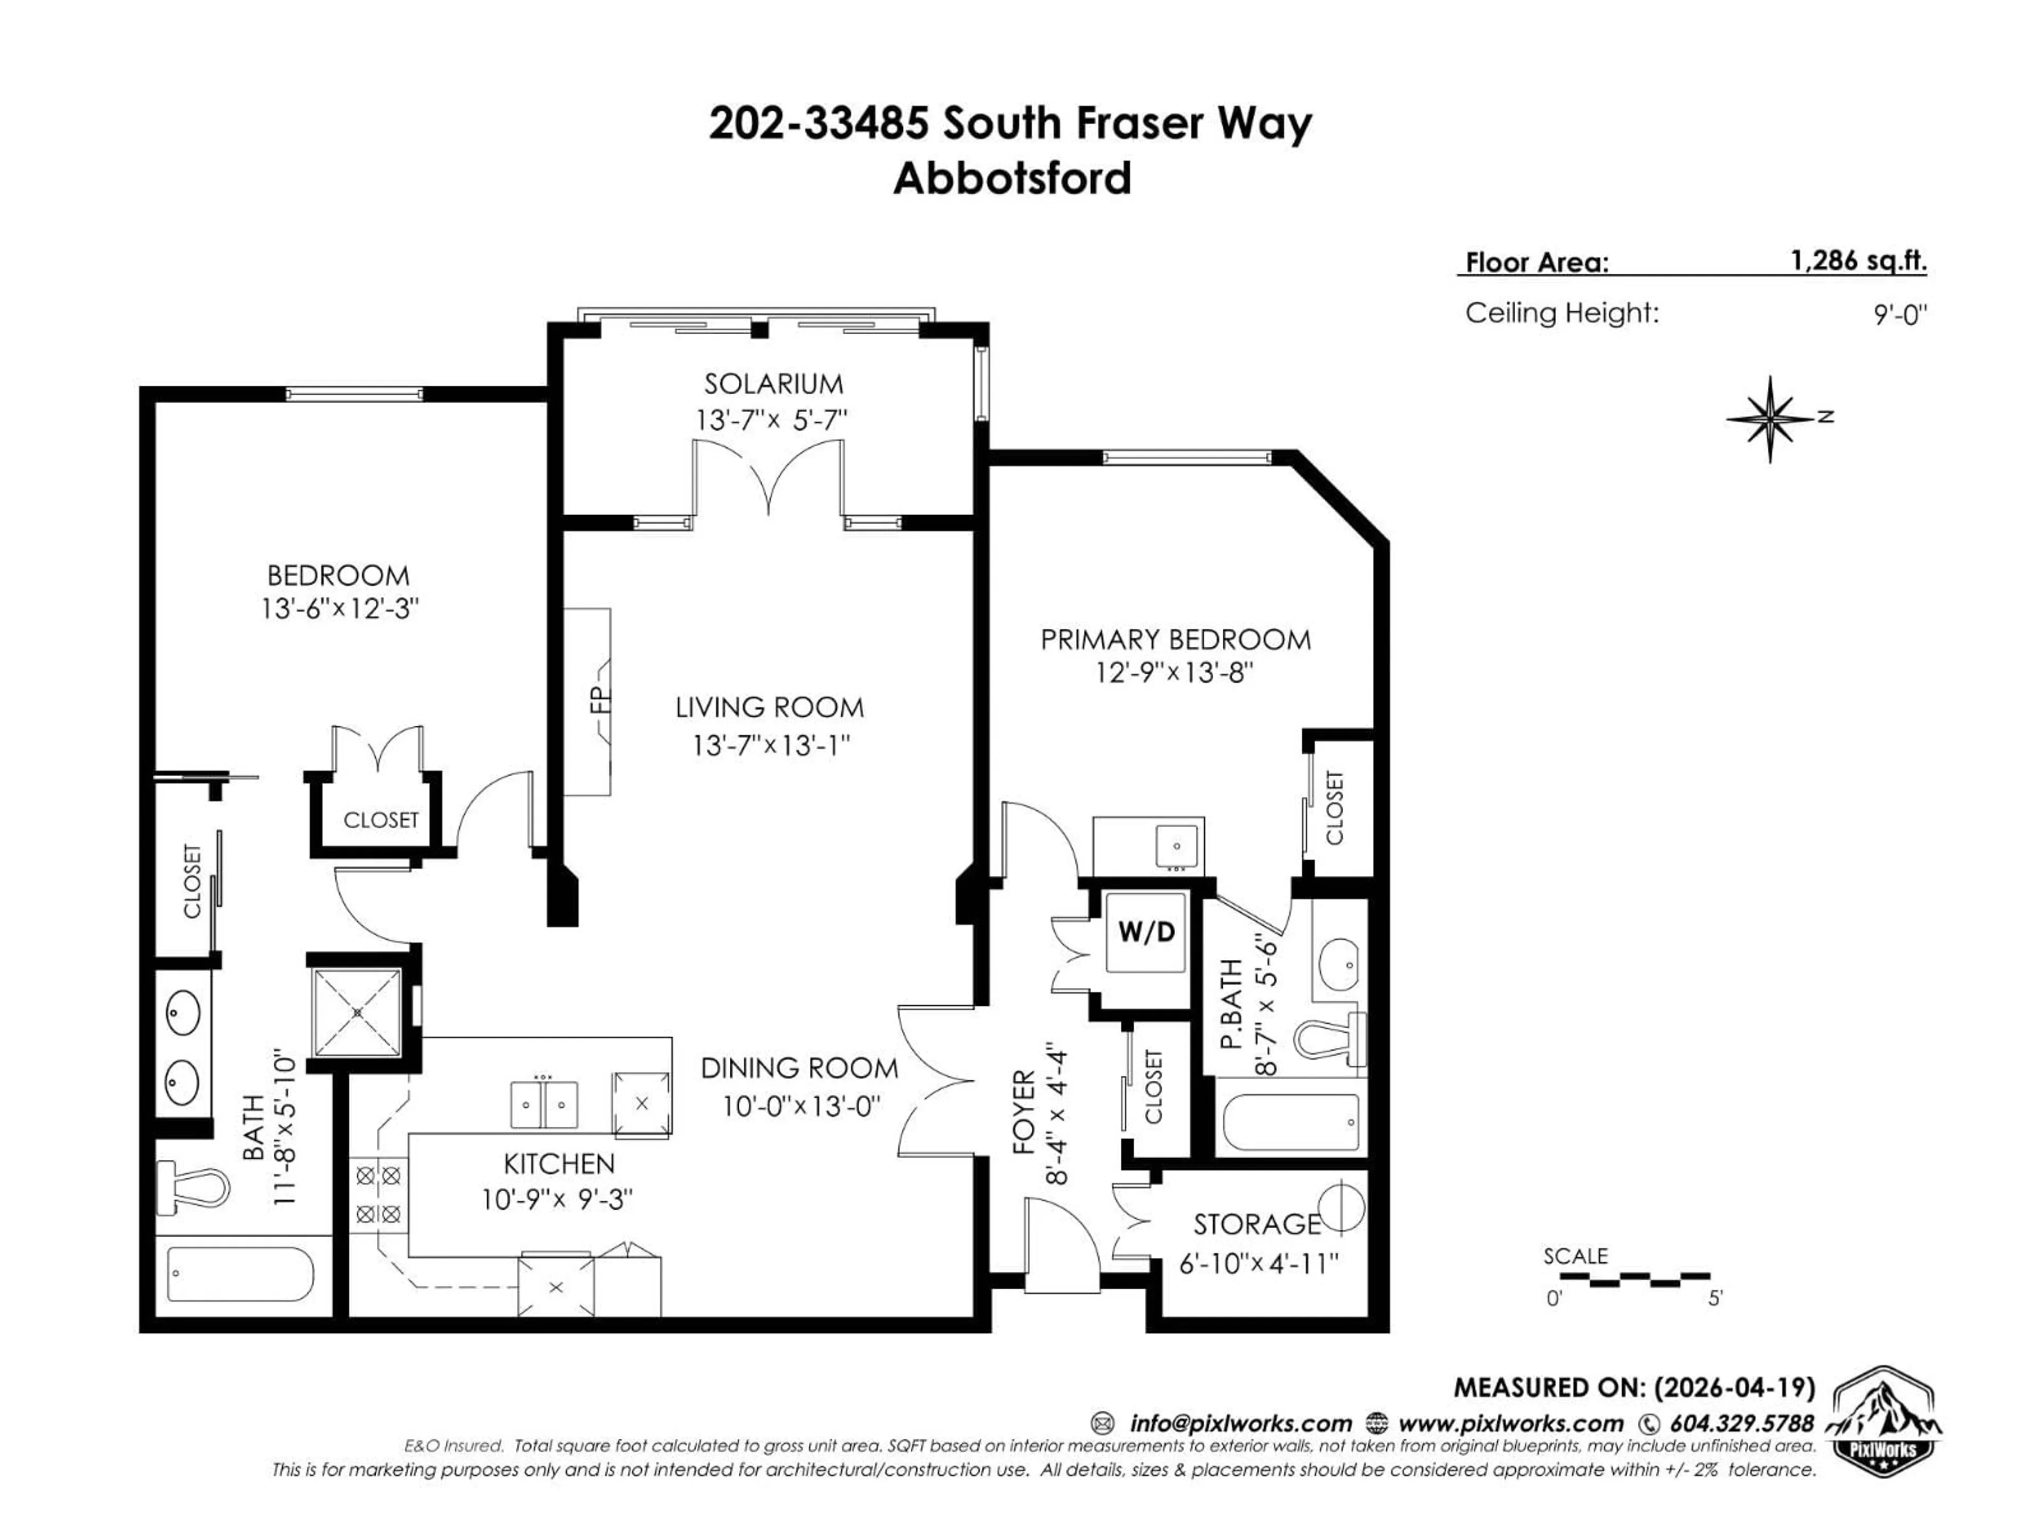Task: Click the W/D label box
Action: [1146, 932]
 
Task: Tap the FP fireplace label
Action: [601, 701]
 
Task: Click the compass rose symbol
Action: [1770, 419]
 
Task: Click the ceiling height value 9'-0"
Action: [1900, 315]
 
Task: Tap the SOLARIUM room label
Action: [773, 383]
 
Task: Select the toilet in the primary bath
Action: [1328, 1039]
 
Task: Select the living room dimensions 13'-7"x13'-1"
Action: [770, 744]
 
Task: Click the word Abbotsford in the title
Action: [1012, 179]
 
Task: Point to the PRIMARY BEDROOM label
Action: [1175, 639]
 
